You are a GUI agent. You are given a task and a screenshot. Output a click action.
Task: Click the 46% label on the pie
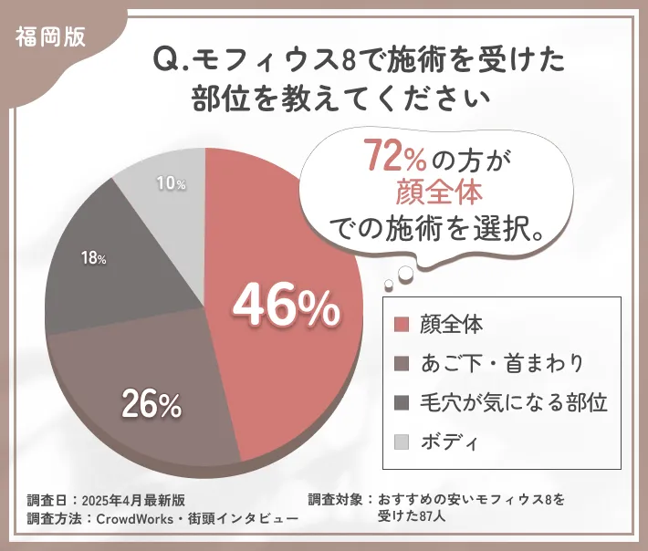click(287, 307)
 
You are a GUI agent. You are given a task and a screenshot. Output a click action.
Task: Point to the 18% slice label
click(93, 258)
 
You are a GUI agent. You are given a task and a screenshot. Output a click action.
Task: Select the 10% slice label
click(171, 184)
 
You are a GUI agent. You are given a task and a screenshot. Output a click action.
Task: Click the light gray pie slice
click(164, 196)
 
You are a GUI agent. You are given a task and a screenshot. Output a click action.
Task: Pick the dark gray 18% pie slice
click(100, 274)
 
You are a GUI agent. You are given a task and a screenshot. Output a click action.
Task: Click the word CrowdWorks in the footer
click(127, 519)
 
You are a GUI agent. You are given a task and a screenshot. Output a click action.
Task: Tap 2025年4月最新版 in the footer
click(133, 500)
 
